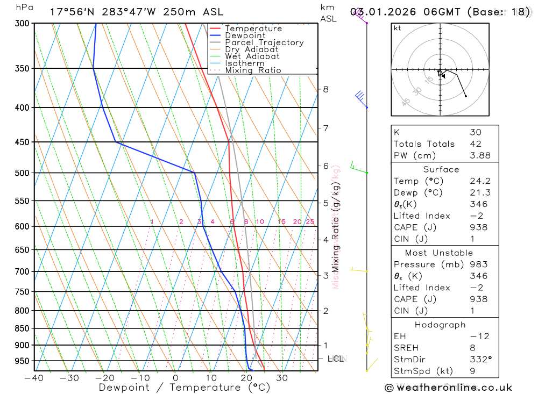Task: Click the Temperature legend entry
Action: coord(253,28)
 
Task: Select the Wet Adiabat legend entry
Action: coord(252,56)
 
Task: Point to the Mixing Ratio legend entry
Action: coord(253,70)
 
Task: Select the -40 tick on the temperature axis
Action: coord(34,378)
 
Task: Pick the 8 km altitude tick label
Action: coord(325,89)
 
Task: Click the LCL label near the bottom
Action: coord(336,359)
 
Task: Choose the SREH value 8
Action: coord(472,348)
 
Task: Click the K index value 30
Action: coord(476,132)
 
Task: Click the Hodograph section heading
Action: coord(440,325)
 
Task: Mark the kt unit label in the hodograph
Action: coord(398,28)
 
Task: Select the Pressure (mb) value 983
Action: coord(478,264)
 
